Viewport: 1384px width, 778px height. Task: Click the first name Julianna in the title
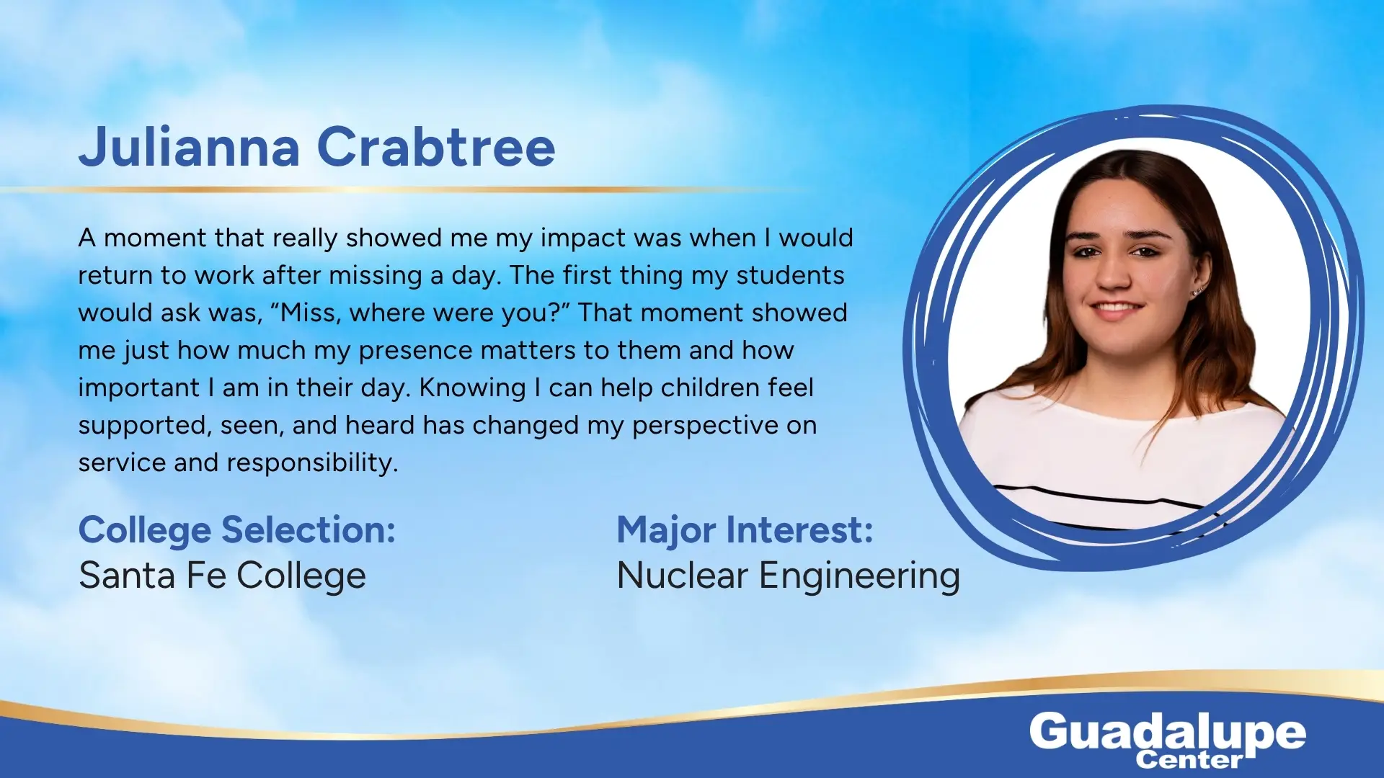tap(189, 147)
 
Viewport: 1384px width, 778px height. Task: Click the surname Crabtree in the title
tap(436, 147)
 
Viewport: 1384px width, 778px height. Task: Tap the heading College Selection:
tap(237, 531)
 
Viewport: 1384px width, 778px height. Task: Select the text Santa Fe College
tap(222, 576)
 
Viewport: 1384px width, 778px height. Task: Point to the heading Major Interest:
tap(745, 531)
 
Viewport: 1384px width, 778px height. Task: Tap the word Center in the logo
tap(1189, 759)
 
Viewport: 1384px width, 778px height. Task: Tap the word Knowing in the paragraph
tap(473, 388)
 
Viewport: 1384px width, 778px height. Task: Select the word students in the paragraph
tap(790, 275)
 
